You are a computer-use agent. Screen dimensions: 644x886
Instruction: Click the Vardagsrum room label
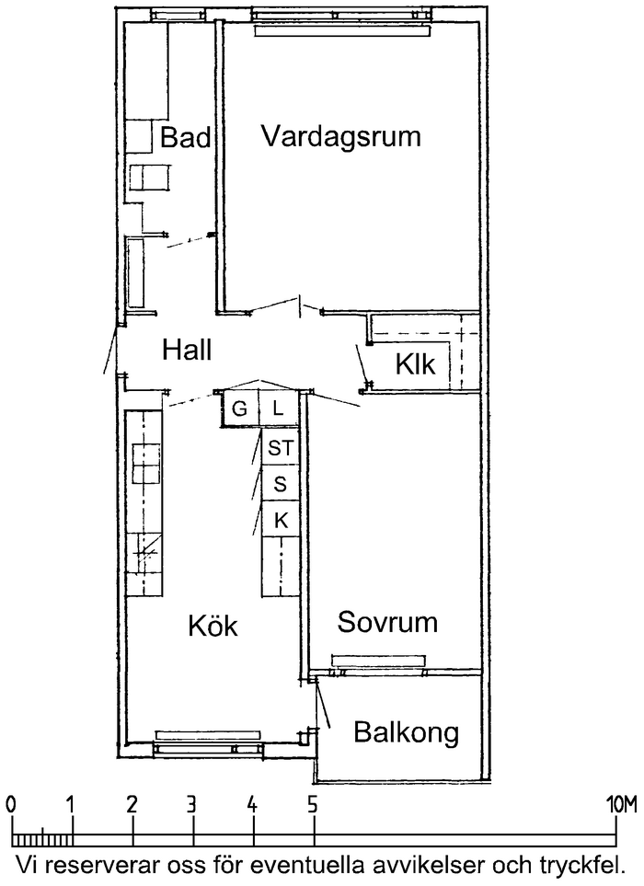(x=340, y=137)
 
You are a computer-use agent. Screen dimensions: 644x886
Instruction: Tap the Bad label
(x=185, y=137)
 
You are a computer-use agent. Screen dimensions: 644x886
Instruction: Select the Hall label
(x=187, y=350)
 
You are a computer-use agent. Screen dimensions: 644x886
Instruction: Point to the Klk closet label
(x=415, y=364)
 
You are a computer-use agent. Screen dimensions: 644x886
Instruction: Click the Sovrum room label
(x=387, y=622)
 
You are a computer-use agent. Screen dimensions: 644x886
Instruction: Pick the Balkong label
(x=406, y=733)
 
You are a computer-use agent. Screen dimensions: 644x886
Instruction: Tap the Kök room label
(x=213, y=625)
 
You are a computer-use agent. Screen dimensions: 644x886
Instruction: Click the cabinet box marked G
(x=239, y=408)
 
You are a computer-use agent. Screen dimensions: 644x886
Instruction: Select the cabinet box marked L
(x=278, y=408)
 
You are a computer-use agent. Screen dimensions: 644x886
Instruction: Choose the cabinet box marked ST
(x=281, y=447)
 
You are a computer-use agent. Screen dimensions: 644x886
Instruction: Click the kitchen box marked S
(x=281, y=484)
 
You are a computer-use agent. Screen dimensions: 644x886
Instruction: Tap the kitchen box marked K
(x=281, y=519)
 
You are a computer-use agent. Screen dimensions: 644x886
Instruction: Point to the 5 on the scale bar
(x=313, y=804)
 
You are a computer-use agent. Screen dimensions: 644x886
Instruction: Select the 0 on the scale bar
(x=11, y=804)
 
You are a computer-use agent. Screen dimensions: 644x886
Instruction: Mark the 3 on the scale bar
(x=192, y=804)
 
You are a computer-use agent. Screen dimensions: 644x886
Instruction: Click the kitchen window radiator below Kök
(x=208, y=734)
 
